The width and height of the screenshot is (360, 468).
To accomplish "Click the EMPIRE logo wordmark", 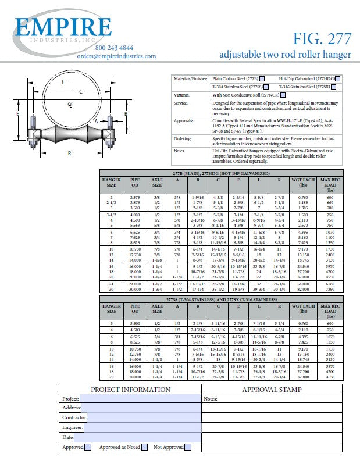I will click(63, 28).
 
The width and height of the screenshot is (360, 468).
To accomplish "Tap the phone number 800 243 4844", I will click(114, 48).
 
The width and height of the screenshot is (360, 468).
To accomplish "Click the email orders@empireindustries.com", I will click(116, 56).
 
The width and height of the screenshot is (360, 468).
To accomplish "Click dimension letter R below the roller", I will click(69, 153).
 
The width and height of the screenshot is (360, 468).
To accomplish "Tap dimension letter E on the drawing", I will click(19, 113).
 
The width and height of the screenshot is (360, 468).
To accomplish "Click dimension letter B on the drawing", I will click(125, 115).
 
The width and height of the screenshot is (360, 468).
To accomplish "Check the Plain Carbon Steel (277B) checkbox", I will click(263, 78).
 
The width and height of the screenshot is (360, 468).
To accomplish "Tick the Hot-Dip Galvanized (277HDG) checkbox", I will click(338, 78).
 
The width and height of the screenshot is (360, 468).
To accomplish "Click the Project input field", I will click(140, 399).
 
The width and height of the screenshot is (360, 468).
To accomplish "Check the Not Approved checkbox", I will click(188, 447).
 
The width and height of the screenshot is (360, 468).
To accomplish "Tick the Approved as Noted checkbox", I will click(145, 447).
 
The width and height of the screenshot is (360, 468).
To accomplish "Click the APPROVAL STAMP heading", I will click(272, 390).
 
